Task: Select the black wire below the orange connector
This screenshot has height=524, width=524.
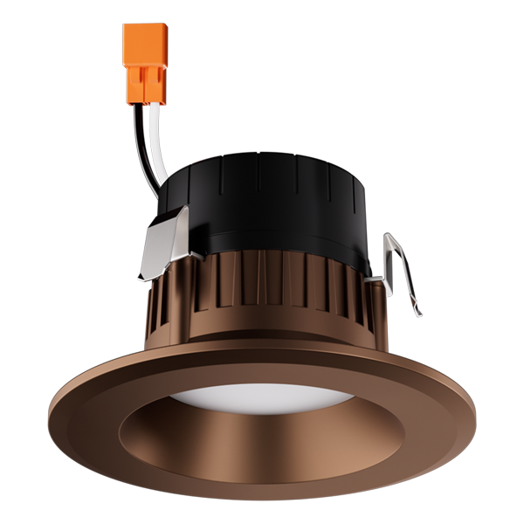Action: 145,140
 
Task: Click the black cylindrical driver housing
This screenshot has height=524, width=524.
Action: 279,201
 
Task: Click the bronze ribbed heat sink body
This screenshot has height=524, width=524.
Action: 262,297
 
